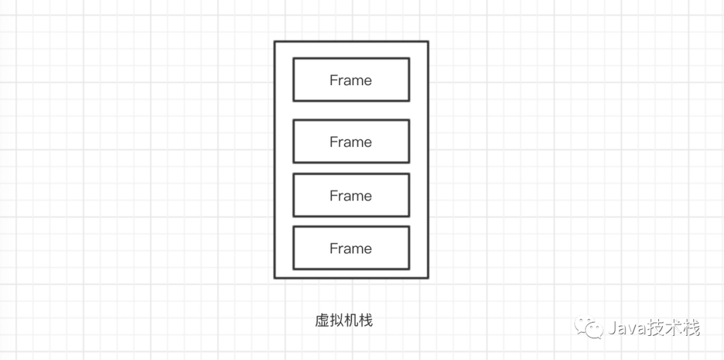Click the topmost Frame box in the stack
tap(351, 80)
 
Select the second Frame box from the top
tap(351, 141)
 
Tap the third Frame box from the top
tap(351, 195)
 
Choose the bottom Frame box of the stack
tap(351, 248)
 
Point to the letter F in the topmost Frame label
tap(333, 80)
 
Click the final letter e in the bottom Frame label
tap(367, 249)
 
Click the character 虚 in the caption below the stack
tap(322, 321)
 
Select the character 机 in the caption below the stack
tap(351, 321)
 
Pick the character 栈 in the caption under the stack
tap(365, 321)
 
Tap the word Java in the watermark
tap(624, 328)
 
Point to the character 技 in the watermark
tap(653, 328)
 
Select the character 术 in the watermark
tap(672, 328)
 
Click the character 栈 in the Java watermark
tap(691, 328)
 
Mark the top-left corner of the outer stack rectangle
tap(275, 42)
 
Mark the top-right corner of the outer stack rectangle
tap(428, 42)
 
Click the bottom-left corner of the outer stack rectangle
tap(275, 278)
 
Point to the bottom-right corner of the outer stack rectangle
tap(428, 278)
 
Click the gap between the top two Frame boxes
tap(351, 111)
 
